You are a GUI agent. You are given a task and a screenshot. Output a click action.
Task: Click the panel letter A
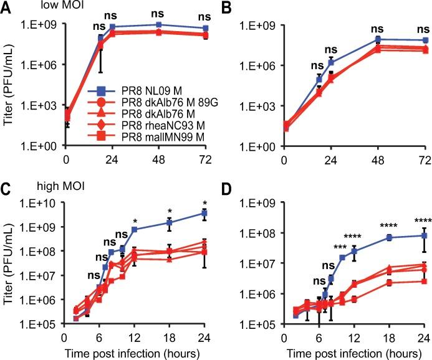click(x=7, y=7)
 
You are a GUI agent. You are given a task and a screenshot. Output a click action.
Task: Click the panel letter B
click(x=227, y=7)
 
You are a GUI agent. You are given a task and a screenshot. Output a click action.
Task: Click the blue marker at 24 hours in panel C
click(x=204, y=213)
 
